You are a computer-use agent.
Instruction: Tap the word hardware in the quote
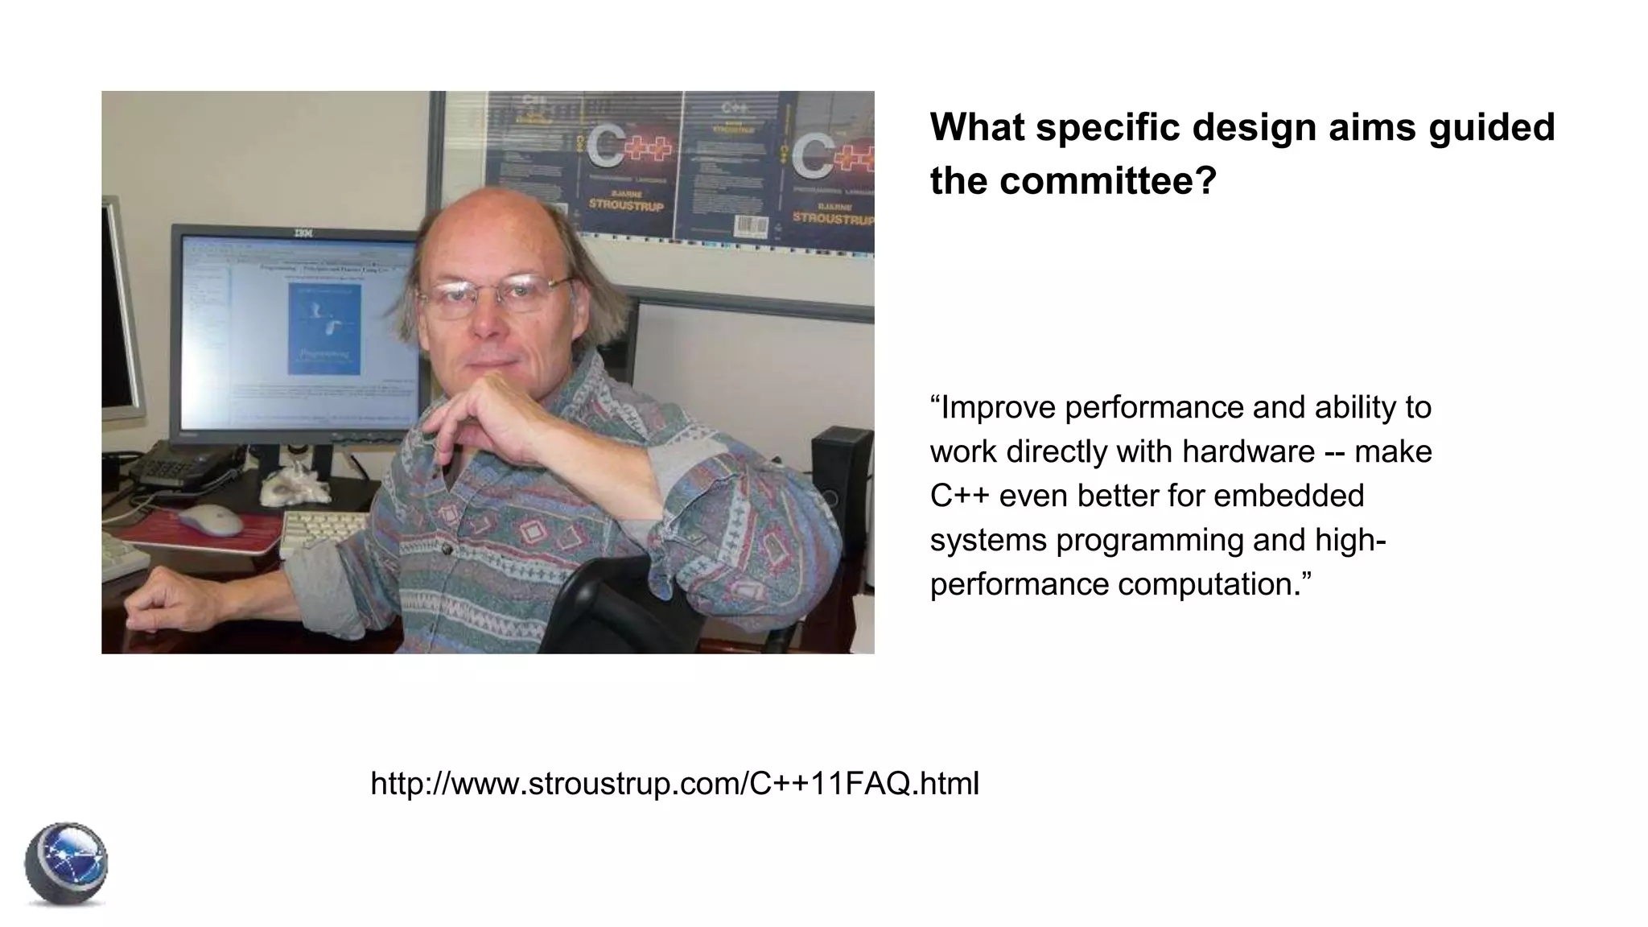(x=1248, y=451)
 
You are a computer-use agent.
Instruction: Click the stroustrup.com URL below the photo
(x=674, y=783)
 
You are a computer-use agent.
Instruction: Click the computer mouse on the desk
(x=210, y=520)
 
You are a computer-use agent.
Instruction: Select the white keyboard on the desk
(x=322, y=531)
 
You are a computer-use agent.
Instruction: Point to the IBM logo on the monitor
(x=302, y=233)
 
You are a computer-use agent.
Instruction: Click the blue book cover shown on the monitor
(x=324, y=328)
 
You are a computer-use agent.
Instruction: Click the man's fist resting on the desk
(x=161, y=598)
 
